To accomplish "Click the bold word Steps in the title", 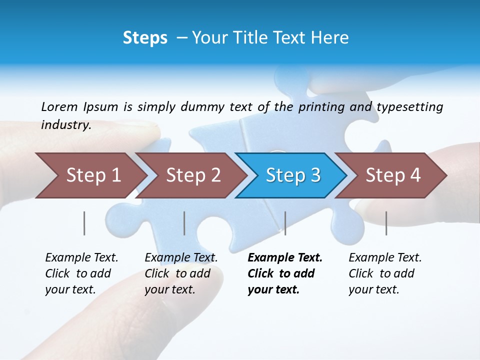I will pyautogui.click(x=145, y=37).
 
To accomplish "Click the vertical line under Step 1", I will pyautogui.click(x=84, y=223).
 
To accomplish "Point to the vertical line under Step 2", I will pyautogui.click(x=184, y=223).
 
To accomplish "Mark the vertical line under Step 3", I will pyautogui.click(x=285, y=223).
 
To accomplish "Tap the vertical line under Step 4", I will pyautogui.click(x=386, y=223).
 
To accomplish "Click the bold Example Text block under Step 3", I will pyautogui.click(x=285, y=273).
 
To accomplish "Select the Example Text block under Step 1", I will pyautogui.click(x=81, y=273).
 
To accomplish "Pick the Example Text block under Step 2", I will pyautogui.click(x=181, y=273).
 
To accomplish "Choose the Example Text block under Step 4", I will pyautogui.click(x=385, y=273).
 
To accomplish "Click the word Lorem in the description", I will pyautogui.click(x=59, y=106).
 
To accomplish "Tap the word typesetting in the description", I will pyautogui.click(x=410, y=107).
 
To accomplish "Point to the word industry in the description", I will pyautogui.click(x=66, y=124).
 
